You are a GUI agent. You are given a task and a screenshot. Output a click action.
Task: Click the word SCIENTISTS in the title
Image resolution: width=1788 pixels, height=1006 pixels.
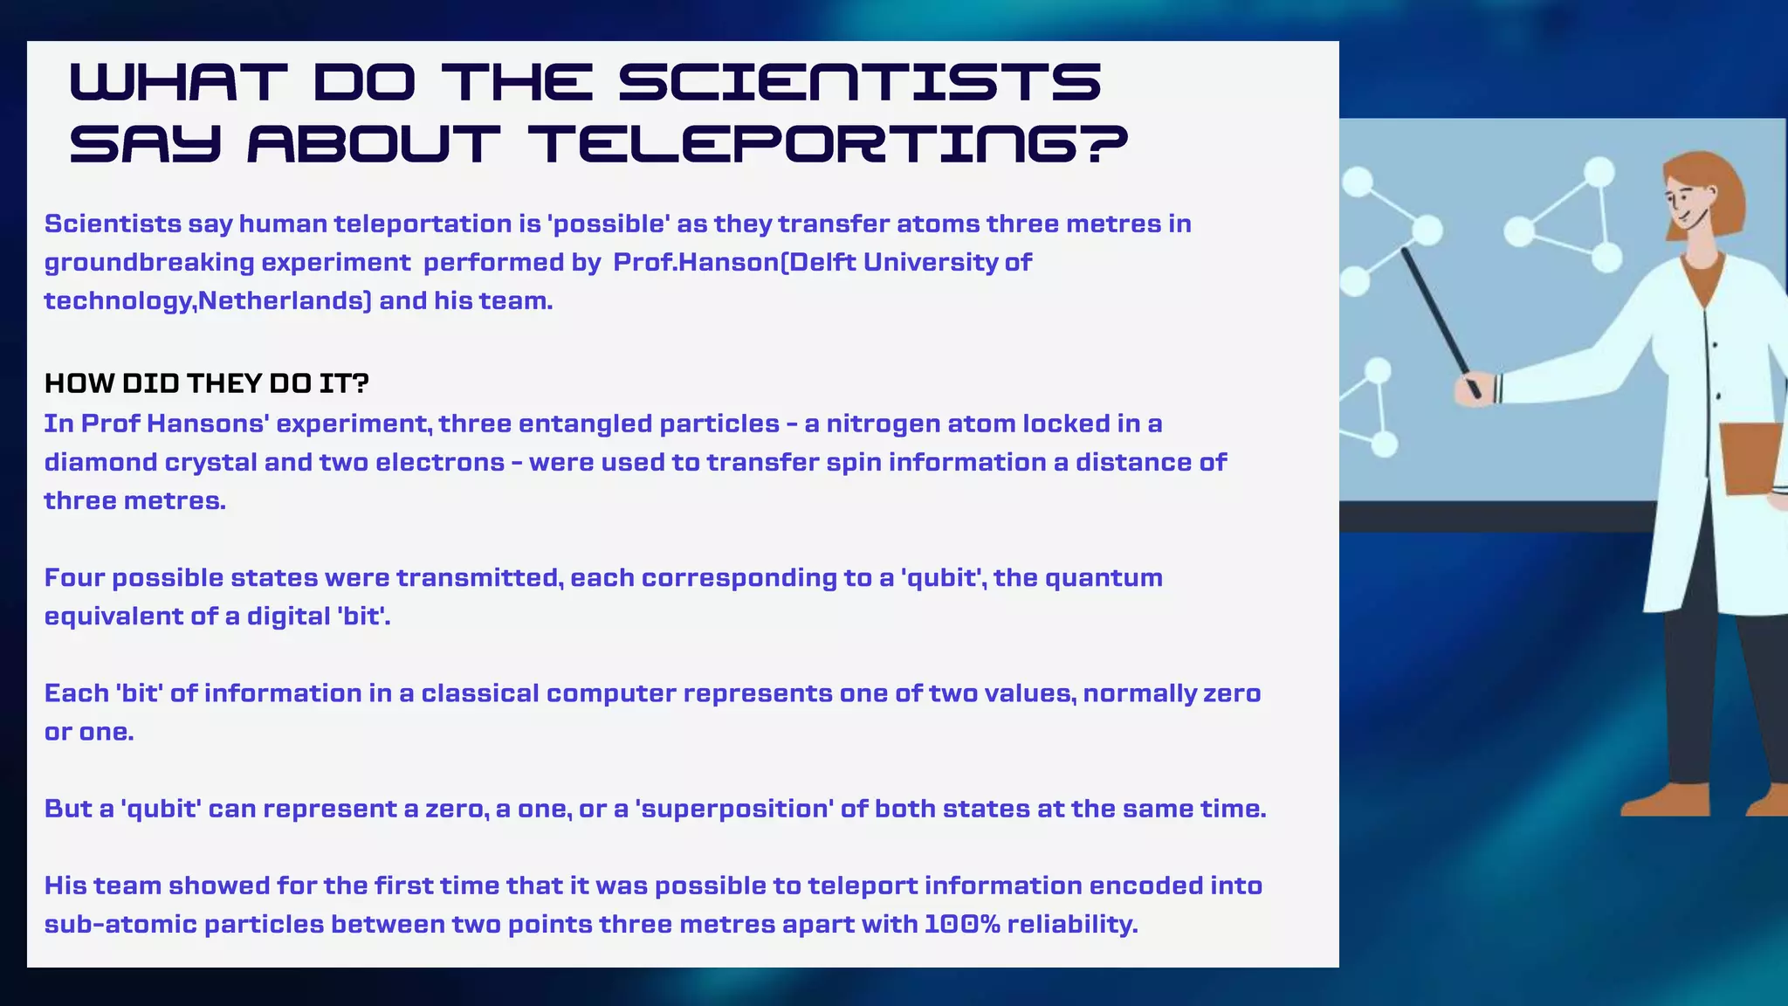pyautogui.click(x=860, y=82)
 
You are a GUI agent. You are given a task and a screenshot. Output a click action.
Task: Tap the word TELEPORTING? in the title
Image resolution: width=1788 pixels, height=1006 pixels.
pyautogui.click(x=828, y=144)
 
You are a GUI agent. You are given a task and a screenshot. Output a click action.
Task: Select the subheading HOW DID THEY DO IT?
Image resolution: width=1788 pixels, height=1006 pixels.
pyautogui.click(x=207, y=383)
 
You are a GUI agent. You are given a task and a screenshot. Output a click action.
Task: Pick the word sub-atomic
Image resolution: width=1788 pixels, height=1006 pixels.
pyautogui.click(x=120, y=924)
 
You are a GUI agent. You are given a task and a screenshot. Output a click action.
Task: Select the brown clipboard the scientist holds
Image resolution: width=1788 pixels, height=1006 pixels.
pyautogui.click(x=1750, y=458)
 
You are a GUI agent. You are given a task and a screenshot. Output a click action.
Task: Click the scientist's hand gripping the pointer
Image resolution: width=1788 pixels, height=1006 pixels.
pyautogui.click(x=1474, y=388)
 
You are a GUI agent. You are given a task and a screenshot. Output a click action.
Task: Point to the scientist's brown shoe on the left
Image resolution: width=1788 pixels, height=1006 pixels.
pyautogui.click(x=1665, y=800)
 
